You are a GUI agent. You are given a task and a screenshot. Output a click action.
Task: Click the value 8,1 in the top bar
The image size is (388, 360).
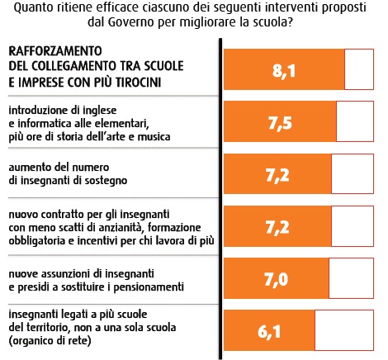tap(284, 71)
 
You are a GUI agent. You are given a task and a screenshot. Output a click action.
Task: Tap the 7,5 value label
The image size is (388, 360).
tap(280, 123)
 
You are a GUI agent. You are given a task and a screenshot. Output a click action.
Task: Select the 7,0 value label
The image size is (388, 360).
tap(277, 279)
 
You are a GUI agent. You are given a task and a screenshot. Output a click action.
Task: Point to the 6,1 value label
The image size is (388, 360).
tap(269, 331)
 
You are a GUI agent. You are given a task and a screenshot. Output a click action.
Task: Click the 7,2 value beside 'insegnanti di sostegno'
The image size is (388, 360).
tap(277, 175)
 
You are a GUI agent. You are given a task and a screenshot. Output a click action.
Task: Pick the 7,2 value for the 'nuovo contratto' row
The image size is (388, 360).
tap(277, 227)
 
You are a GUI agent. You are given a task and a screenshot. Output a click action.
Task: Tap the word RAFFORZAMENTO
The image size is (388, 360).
tap(55, 51)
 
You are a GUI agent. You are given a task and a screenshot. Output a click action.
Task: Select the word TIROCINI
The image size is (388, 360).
tap(138, 82)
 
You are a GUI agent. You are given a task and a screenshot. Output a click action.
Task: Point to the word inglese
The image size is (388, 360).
tap(100, 111)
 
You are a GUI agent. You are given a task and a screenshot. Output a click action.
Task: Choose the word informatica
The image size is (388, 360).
tap(45, 124)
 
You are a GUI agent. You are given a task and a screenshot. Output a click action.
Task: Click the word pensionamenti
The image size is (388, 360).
tap(149, 287)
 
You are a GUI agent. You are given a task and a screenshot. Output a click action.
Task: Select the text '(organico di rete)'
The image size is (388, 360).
tap(50, 341)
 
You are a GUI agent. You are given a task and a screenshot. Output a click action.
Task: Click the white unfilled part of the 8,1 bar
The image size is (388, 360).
tap(359, 69)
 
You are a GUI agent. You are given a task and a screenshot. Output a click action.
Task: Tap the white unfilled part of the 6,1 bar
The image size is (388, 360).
tap(344, 330)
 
